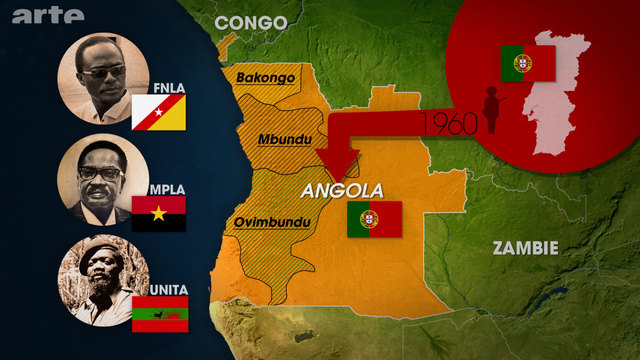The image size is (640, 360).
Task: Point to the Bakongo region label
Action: click(x=263, y=76)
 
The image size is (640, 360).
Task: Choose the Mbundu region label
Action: click(x=282, y=139)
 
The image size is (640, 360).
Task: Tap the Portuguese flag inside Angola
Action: click(x=374, y=219)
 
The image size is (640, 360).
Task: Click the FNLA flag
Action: click(x=158, y=113)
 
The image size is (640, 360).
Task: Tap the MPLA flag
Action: click(x=158, y=212)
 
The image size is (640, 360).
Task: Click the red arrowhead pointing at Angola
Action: click(x=339, y=160)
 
